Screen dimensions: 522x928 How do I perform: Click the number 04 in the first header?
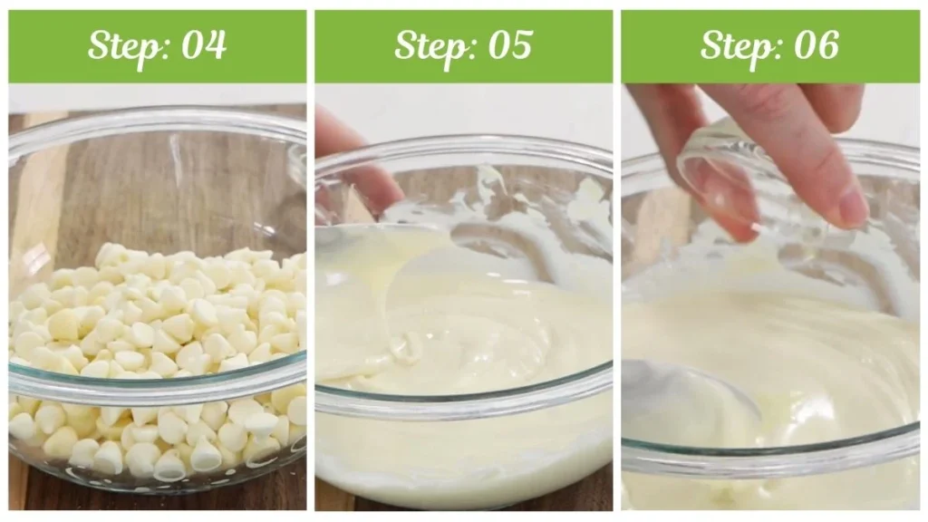[203, 45]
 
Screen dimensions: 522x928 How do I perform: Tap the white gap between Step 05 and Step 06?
[616, 272]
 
